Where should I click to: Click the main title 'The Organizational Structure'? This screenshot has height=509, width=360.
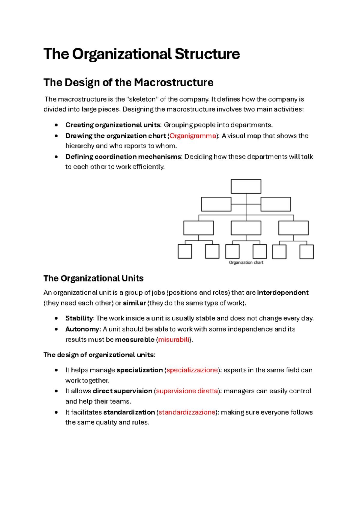142,54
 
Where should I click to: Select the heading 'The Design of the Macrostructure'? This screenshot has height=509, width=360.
128,82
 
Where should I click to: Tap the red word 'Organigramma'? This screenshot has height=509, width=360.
193,136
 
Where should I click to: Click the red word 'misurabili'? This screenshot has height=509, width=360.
174,340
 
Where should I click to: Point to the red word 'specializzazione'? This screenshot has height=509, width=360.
192,370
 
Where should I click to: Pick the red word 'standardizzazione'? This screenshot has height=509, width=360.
187,412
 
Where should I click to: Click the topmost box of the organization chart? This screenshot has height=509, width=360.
246,186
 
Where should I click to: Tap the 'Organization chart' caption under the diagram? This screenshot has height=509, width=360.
246,263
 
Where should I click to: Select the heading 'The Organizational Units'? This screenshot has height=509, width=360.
93,278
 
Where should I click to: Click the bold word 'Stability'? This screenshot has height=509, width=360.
79,318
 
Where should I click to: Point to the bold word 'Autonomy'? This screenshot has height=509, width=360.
82,329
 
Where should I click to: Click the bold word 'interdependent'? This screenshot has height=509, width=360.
283,293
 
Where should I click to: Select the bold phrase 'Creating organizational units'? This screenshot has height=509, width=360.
113,125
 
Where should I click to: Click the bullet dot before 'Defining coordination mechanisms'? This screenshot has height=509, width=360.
56,157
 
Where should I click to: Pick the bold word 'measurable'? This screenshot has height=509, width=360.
134,340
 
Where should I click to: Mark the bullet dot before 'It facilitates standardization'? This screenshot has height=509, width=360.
56,412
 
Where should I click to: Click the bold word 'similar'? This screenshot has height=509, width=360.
134,303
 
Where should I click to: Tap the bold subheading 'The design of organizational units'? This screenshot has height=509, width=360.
99,355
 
